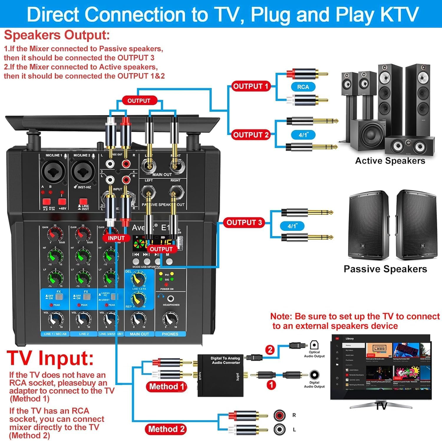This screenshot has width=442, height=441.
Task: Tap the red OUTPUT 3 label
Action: tap(244, 223)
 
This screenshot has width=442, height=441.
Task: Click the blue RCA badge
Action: tap(303, 87)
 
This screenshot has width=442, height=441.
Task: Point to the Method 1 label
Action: tap(166, 386)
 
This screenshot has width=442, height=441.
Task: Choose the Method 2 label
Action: tap(166, 429)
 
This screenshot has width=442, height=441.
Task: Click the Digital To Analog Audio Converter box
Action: tap(220, 376)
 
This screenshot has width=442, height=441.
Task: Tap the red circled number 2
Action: tap(270, 350)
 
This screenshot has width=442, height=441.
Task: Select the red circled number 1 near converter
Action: tap(271, 385)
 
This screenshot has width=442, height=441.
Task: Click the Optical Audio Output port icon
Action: tap(314, 345)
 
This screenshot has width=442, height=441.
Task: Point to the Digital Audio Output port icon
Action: tap(314, 375)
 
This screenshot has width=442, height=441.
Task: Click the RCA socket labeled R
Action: tap(279, 415)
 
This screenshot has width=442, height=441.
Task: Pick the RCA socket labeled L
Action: tap(279, 430)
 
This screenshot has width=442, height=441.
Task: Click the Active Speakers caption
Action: tap(390, 161)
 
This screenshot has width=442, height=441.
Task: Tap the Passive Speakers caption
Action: tap(385, 269)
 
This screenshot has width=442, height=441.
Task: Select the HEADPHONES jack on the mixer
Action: tap(170, 299)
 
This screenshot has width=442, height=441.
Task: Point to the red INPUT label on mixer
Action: tap(116, 238)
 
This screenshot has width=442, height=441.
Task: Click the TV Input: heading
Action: tap(50, 358)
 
